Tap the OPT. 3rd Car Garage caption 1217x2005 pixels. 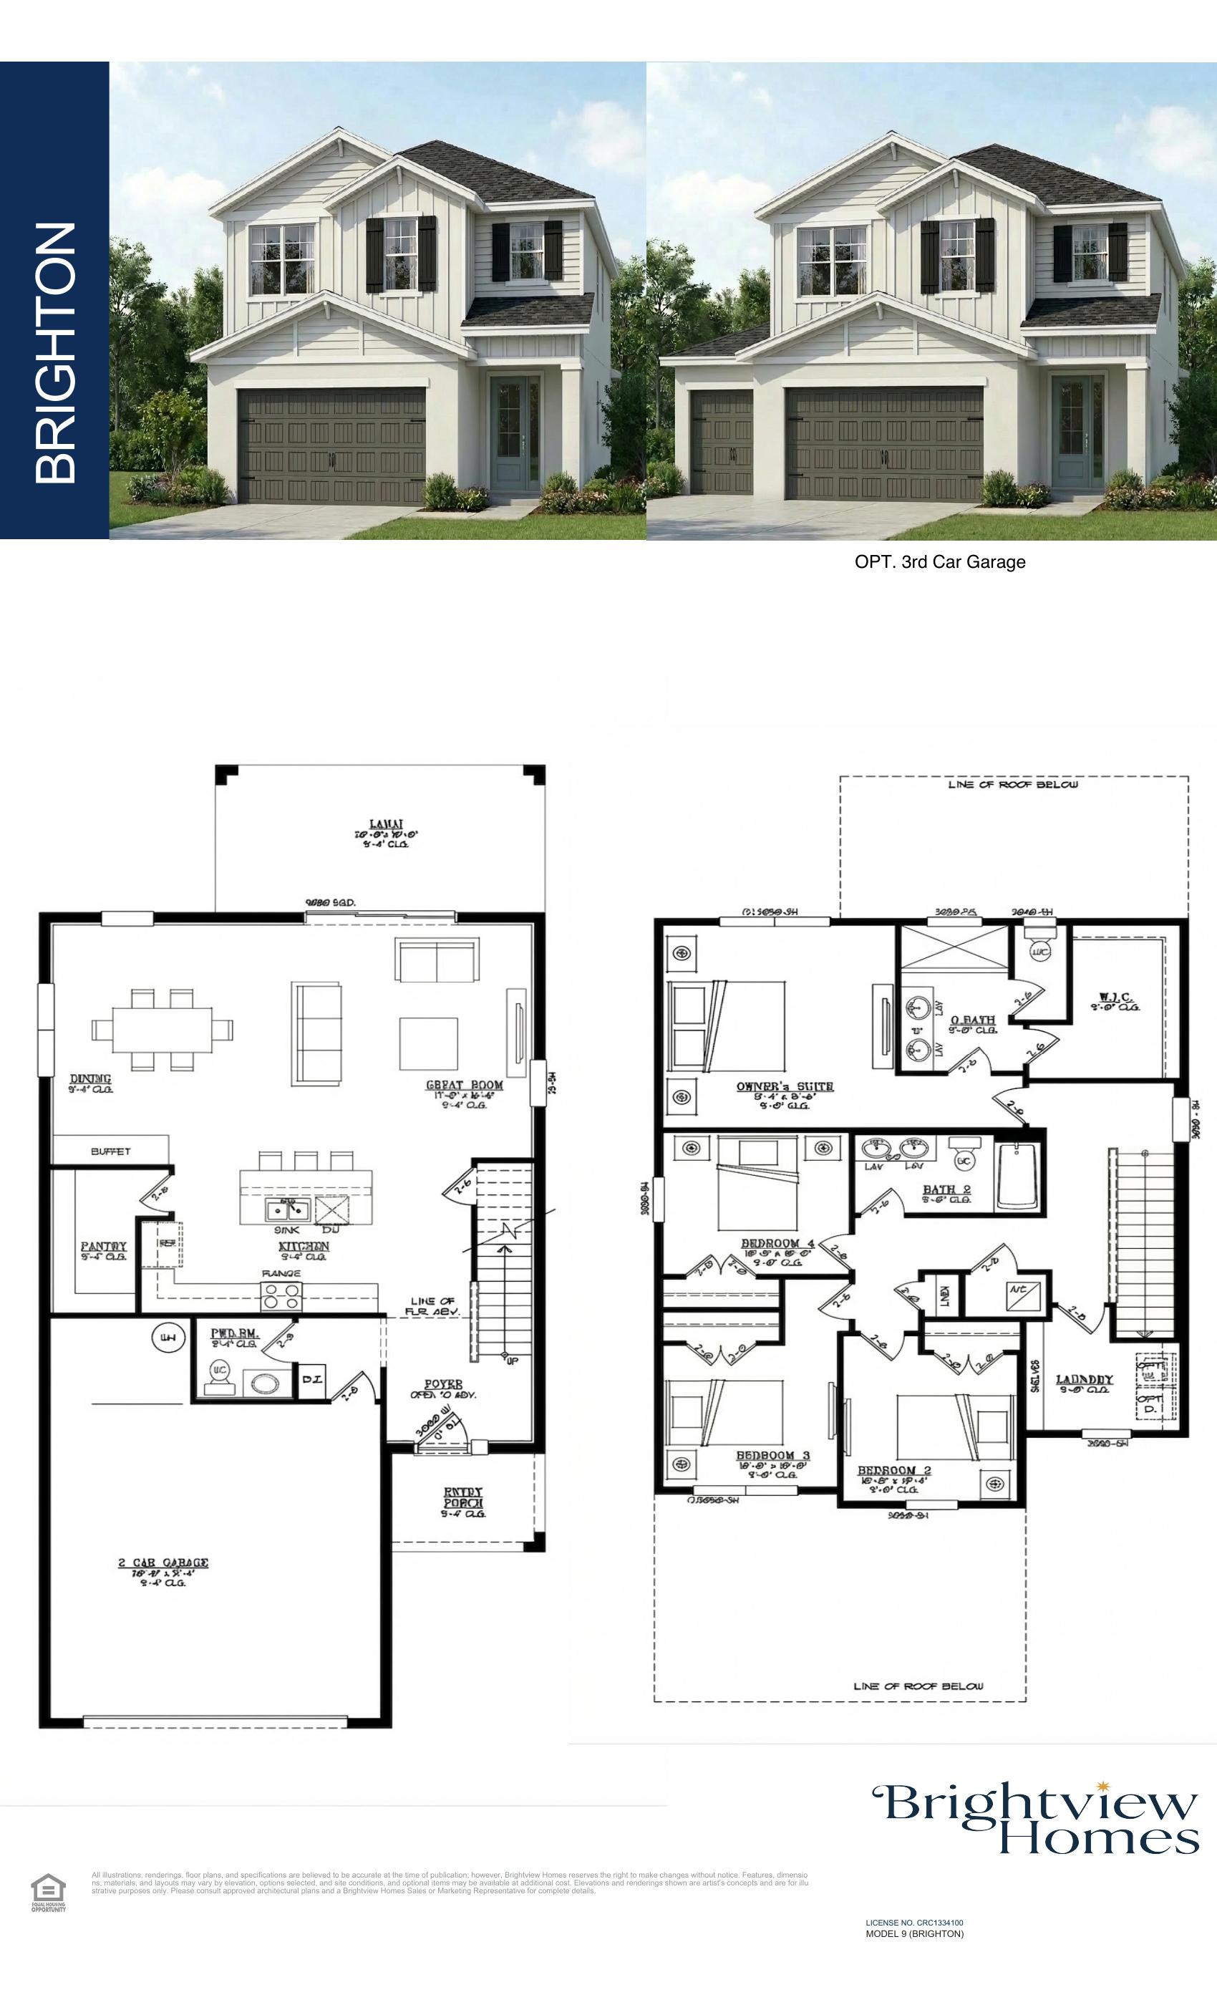click(939, 562)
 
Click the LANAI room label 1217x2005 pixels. click(386, 824)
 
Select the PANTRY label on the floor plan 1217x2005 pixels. click(103, 1247)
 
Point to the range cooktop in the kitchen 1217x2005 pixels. click(281, 1295)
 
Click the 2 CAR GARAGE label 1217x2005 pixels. click(163, 1563)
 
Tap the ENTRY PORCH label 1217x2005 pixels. click(463, 1497)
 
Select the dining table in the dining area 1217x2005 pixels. click(162, 1030)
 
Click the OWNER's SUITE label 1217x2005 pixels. click(784, 1086)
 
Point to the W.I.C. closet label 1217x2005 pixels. click(1115, 997)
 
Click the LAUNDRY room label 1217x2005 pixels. click(1084, 1379)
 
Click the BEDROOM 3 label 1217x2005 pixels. click(772, 1456)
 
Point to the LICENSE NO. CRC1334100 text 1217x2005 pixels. click(913, 1923)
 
